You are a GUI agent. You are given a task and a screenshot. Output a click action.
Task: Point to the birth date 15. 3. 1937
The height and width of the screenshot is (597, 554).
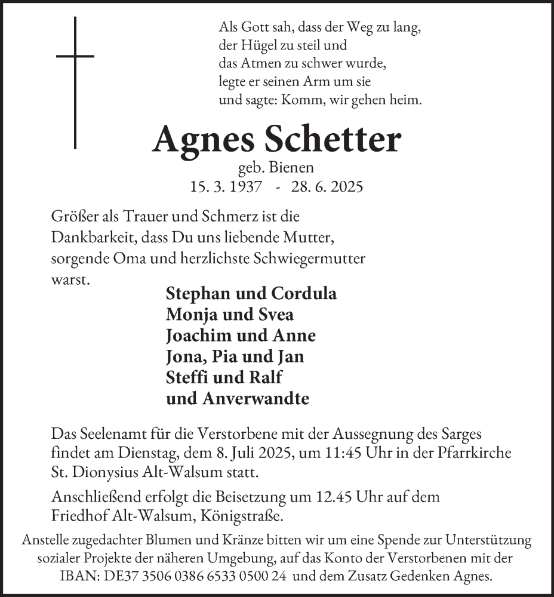point(225,186)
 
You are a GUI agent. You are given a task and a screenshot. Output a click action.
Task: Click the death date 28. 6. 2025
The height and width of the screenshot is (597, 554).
point(327,186)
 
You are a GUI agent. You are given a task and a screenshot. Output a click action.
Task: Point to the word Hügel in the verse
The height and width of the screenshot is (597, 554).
point(256,45)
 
